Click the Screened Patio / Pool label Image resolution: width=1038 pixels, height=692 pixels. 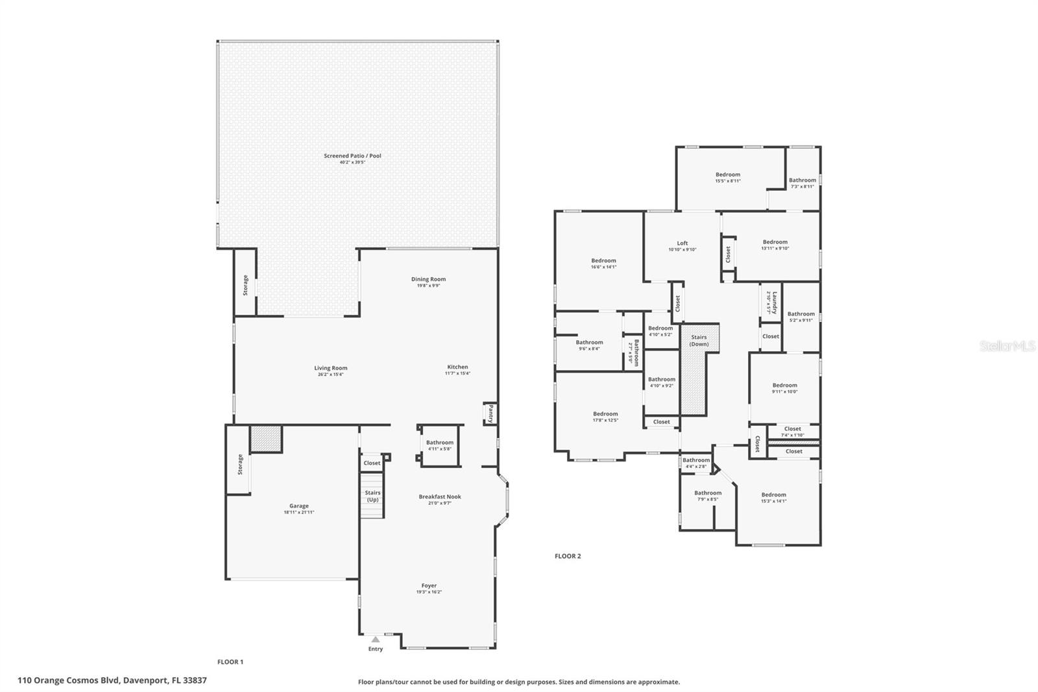tap(352, 156)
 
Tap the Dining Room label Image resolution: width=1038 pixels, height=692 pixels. tap(428, 279)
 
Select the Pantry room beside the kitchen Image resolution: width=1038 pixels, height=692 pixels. tap(490, 414)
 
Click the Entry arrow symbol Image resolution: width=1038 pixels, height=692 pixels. tap(375, 639)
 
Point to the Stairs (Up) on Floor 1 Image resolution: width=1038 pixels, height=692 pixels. tap(372, 496)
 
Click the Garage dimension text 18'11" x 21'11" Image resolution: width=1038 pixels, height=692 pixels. tap(298, 512)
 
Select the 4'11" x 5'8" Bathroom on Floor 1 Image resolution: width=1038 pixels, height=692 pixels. tap(440, 445)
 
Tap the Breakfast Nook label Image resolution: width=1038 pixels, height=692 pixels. tap(440, 497)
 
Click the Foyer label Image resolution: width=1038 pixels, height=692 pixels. tap(429, 586)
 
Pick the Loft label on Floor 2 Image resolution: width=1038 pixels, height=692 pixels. tap(682, 243)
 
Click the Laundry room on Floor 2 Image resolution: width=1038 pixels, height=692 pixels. tap(771, 303)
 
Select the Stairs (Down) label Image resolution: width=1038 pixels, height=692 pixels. tap(699, 340)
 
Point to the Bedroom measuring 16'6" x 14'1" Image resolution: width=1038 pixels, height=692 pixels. tap(603, 263)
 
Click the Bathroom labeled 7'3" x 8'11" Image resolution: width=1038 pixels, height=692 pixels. tap(803, 182)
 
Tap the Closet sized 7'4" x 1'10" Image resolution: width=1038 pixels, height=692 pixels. tap(792, 431)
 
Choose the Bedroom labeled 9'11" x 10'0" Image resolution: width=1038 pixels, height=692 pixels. tap(784, 388)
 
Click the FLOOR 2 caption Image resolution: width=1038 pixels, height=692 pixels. tap(568, 556)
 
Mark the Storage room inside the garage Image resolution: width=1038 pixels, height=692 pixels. tap(239, 463)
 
